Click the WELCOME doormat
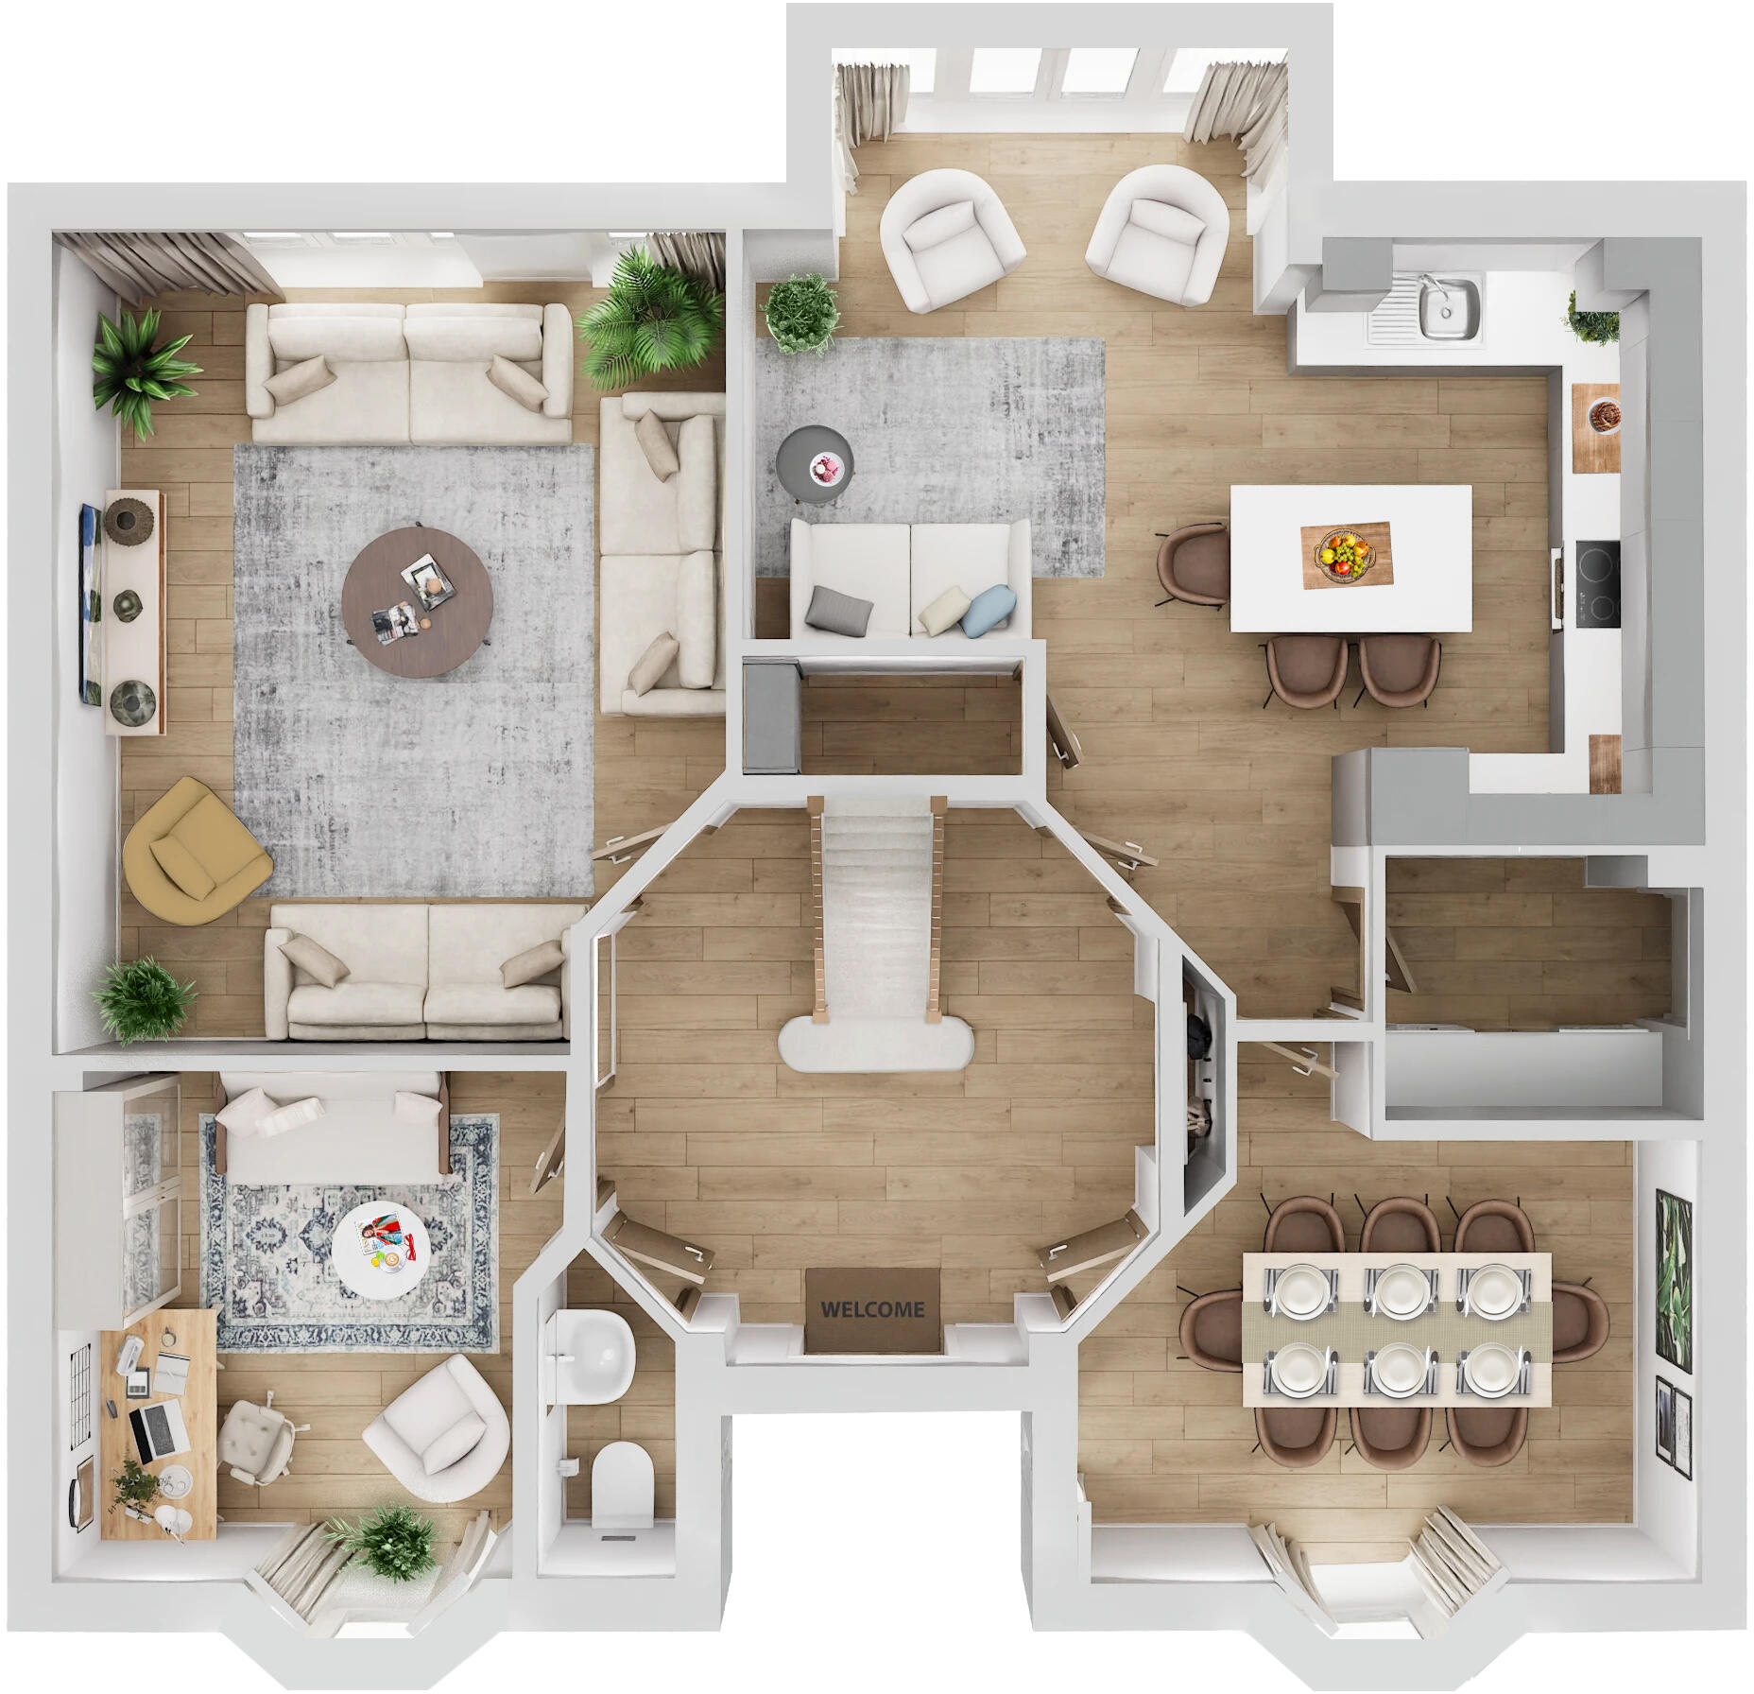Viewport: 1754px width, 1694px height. point(871,1309)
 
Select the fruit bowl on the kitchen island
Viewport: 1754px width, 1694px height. point(1345,555)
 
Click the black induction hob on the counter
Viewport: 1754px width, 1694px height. point(1596,582)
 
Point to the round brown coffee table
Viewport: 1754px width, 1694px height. point(417,601)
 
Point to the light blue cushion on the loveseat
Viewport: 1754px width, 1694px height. point(989,607)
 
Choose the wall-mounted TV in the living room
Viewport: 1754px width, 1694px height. point(89,603)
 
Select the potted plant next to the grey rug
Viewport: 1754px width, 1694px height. point(801,311)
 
